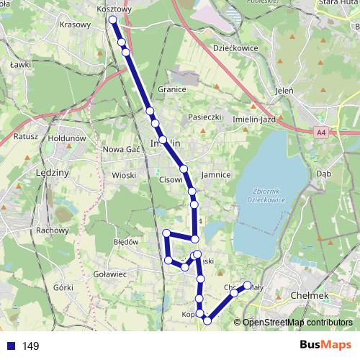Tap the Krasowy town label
(x=76, y=24)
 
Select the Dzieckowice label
(x=235, y=48)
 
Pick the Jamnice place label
(x=216, y=175)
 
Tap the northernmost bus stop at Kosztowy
(x=112, y=19)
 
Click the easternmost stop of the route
(x=248, y=285)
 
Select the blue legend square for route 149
(x=11, y=346)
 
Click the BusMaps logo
(x=325, y=346)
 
